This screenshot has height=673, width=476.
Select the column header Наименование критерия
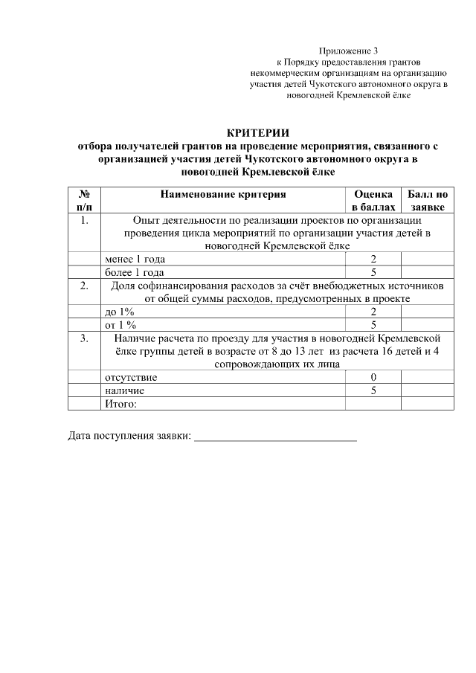222,194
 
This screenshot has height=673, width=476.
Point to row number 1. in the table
84,220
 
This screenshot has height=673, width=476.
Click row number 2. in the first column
84,285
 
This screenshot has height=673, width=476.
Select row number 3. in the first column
84,338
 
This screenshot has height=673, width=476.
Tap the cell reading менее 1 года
135,259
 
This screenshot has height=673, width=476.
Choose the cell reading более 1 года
134,272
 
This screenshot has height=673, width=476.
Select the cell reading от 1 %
120,325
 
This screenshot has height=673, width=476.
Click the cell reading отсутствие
130,377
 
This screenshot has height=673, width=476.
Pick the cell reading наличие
124,390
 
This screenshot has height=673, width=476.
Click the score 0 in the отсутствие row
373,377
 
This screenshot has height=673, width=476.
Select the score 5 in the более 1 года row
373,272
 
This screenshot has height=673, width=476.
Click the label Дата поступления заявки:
129,436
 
